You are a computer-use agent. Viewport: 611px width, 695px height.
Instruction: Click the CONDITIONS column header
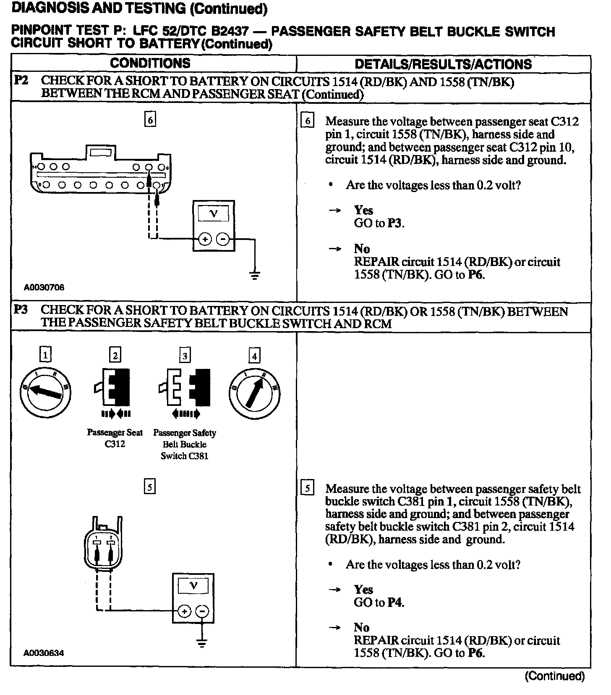pyautogui.click(x=150, y=63)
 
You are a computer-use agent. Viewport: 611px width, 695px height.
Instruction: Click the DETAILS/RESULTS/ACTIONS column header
pyautogui.click(x=443, y=64)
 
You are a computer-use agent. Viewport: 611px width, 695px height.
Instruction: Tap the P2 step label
pyautogui.click(x=21, y=80)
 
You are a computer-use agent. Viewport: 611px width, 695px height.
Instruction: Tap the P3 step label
pyautogui.click(x=21, y=310)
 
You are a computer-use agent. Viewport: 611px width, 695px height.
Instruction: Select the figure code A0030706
pyautogui.click(x=44, y=287)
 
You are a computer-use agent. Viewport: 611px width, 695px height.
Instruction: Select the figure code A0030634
pyautogui.click(x=44, y=653)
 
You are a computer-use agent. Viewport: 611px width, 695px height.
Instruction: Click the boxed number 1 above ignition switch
pyautogui.click(x=45, y=355)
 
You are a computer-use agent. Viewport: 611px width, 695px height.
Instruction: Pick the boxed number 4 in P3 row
pyautogui.click(x=254, y=356)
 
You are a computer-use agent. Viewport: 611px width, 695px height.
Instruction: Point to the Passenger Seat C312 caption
pyautogui.click(x=115, y=438)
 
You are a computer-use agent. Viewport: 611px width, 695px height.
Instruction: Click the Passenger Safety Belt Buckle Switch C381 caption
pyautogui.click(x=185, y=444)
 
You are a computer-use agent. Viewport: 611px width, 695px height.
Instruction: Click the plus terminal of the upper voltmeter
pyautogui.click(x=205, y=240)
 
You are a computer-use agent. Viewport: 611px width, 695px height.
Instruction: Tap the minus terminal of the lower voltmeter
pyautogui.click(x=202, y=611)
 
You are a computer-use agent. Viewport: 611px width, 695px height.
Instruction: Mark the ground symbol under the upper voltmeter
pyautogui.click(x=254, y=275)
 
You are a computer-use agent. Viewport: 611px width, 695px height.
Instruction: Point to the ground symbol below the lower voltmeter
pyautogui.click(x=202, y=643)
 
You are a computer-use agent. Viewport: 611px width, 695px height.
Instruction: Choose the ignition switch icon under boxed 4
pyautogui.click(x=254, y=394)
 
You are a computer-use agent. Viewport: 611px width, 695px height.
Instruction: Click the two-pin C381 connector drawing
pyautogui.click(x=104, y=544)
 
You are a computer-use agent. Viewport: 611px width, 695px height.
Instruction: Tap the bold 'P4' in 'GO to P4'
pyautogui.click(x=395, y=603)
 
